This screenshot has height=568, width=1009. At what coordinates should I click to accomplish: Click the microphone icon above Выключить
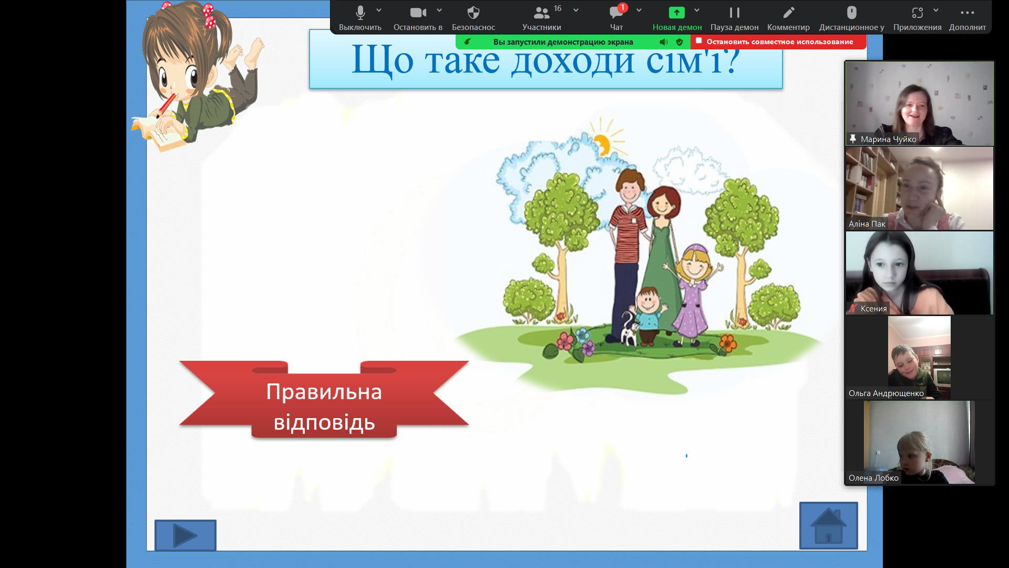tap(360, 12)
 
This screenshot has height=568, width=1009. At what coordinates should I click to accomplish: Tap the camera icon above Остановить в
tap(418, 12)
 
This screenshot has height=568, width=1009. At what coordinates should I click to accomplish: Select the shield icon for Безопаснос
tap(473, 12)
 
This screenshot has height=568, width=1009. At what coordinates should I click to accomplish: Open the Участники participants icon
tap(542, 12)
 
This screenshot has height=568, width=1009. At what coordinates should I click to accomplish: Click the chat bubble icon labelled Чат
tap(616, 12)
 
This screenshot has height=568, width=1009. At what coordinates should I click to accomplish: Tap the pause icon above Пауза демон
tap(734, 12)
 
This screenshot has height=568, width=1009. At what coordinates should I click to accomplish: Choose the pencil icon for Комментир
tap(788, 12)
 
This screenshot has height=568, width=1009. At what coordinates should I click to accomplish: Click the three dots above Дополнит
tap(967, 13)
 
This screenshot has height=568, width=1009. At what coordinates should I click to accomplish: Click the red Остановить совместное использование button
tap(778, 42)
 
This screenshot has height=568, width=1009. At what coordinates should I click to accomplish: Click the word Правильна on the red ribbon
tap(324, 392)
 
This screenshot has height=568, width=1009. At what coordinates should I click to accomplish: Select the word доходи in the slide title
tap(573, 60)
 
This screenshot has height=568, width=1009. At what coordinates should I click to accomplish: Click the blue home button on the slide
tap(829, 525)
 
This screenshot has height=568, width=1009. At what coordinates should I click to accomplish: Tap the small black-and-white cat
tap(628, 329)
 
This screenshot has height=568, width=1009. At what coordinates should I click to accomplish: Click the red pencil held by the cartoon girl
tap(166, 105)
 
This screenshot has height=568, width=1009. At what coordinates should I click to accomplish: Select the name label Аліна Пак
tap(867, 224)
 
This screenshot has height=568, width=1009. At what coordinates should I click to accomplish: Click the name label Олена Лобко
tap(873, 478)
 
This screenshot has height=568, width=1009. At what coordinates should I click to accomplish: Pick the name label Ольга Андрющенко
tap(886, 393)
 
